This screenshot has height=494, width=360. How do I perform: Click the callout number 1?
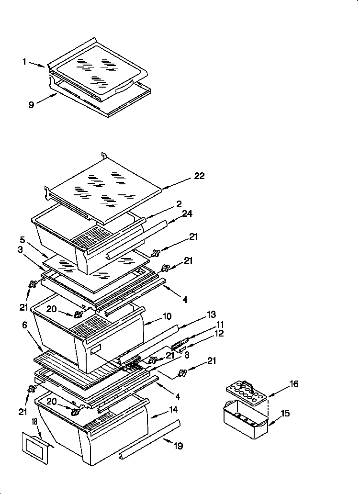(x=24, y=61)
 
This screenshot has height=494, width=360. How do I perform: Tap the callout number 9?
(x=31, y=105)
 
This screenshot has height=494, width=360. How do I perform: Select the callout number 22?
(x=199, y=176)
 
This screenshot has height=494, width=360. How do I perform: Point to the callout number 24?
(x=187, y=214)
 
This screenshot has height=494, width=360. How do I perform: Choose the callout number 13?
(x=211, y=314)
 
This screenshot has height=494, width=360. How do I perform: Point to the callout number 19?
(x=178, y=446)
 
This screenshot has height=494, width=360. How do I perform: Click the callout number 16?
(x=294, y=384)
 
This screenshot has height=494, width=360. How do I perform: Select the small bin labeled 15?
(x=245, y=420)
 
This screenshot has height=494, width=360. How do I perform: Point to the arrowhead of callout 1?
(x=47, y=67)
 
